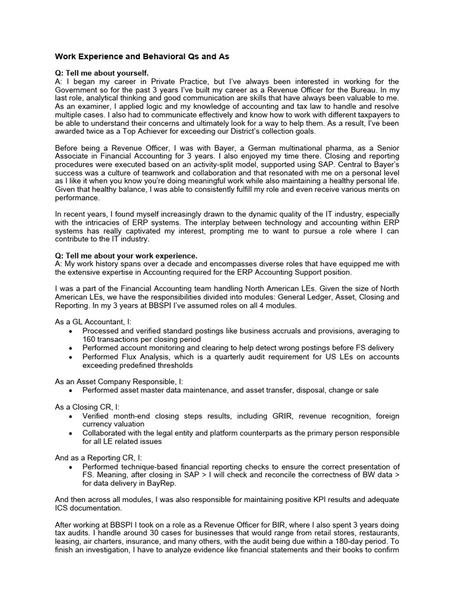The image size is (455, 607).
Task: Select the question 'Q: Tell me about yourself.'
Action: tap(101, 73)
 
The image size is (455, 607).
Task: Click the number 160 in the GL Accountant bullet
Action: tap(89, 339)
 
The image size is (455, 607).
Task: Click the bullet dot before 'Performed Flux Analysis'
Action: tap(71, 357)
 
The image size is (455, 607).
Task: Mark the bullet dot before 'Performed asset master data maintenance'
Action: tap(71, 391)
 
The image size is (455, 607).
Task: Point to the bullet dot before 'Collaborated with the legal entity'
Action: tap(71, 433)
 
